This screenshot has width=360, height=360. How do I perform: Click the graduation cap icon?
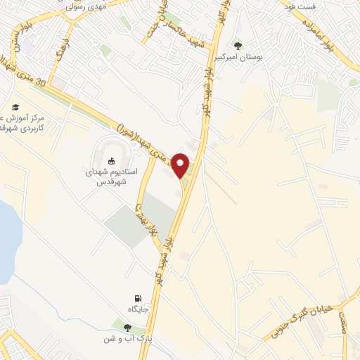[15, 107]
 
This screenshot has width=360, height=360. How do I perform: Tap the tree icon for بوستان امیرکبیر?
[238, 46]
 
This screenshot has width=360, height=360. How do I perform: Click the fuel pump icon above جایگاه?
[137, 298]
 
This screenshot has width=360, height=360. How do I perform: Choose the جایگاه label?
[138, 309]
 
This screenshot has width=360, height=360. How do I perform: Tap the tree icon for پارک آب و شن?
[127, 327]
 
